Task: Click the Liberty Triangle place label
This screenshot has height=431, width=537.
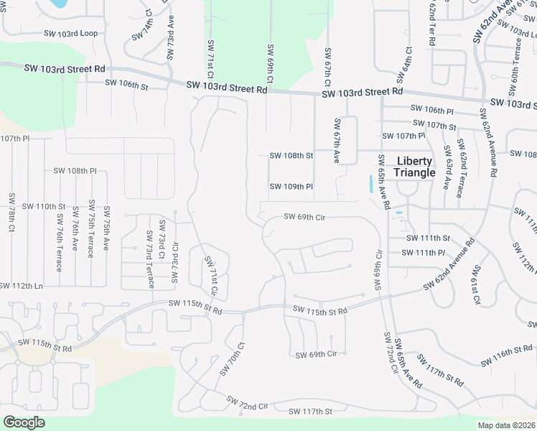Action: (x=415, y=167)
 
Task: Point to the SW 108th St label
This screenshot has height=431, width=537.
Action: (x=291, y=155)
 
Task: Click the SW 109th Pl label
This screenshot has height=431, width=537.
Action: (x=291, y=187)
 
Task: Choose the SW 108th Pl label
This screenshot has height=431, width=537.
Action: (x=75, y=171)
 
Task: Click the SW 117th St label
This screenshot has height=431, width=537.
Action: (x=311, y=412)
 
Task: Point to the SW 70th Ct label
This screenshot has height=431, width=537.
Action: (x=234, y=358)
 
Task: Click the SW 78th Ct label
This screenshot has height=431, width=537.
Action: (x=12, y=212)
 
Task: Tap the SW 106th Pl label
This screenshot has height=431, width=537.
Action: (x=432, y=109)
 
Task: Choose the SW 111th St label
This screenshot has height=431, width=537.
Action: (x=428, y=238)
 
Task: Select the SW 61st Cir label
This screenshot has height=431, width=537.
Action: (x=476, y=284)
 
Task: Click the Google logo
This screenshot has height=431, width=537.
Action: (x=24, y=422)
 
